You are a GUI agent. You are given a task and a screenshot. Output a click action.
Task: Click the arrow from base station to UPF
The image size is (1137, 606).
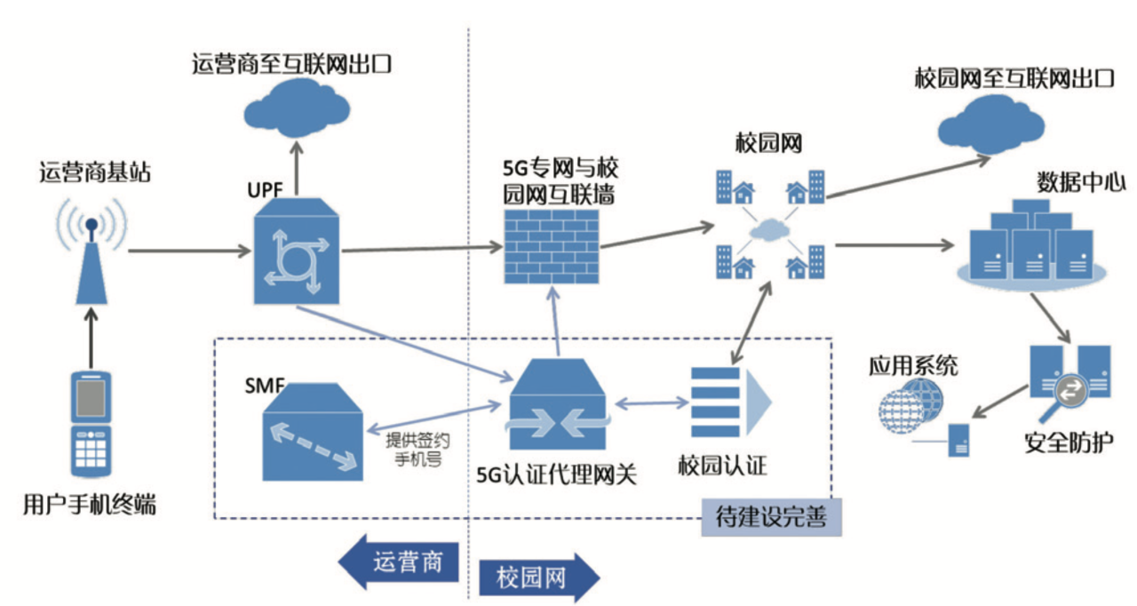click(187, 251)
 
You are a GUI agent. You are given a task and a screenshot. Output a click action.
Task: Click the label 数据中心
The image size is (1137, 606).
click(1081, 184)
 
